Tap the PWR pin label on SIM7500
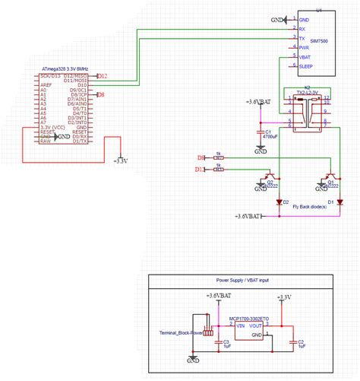pos(304,47)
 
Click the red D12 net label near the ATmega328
pos(103,76)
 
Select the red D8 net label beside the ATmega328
pos(101,94)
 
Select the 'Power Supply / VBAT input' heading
pos(242,281)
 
